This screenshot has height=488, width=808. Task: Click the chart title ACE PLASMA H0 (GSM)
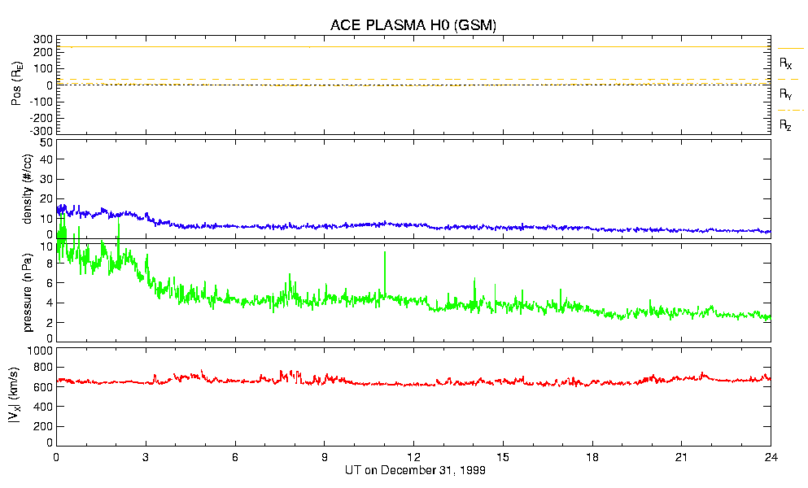413,24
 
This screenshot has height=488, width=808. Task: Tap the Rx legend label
785,63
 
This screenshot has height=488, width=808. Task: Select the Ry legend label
785,94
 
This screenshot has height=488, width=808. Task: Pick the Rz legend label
785,125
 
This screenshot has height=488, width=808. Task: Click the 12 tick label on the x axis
413,458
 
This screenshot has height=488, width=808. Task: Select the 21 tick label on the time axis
682,458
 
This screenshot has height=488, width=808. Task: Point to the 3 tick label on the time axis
146,458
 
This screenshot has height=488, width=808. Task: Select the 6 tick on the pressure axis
49,283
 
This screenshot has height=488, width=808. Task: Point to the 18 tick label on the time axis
592,458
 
